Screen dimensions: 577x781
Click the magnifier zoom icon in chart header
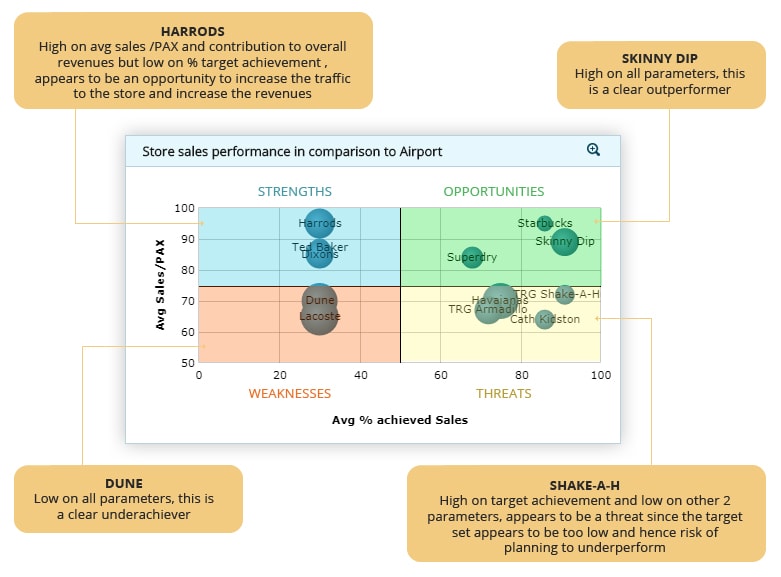(593, 150)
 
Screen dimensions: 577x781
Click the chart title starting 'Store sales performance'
(292, 152)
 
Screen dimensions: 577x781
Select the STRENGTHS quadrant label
(294, 191)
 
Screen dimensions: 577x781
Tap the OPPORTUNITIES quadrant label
(493, 191)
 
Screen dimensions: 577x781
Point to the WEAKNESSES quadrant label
(289, 393)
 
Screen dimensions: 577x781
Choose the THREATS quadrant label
(503, 393)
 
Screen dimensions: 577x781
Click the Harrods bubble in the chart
(319, 224)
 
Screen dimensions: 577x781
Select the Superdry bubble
(472, 257)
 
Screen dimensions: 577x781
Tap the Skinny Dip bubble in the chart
(565, 241)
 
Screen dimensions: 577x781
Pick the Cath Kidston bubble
(544, 319)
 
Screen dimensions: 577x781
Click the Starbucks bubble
(545, 223)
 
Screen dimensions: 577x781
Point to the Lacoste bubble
(319, 316)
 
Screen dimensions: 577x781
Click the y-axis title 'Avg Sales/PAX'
(160, 285)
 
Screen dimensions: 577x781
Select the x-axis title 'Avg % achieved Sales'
(399, 420)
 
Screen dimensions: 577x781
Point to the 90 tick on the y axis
(186, 239)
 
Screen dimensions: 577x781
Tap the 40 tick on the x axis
(359, 375)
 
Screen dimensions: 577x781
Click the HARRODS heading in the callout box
(193, 31)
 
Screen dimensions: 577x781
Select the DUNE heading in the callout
(123, 483)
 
